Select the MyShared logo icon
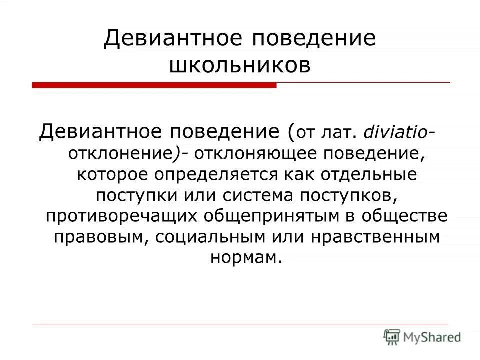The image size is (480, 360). point(393,337)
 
